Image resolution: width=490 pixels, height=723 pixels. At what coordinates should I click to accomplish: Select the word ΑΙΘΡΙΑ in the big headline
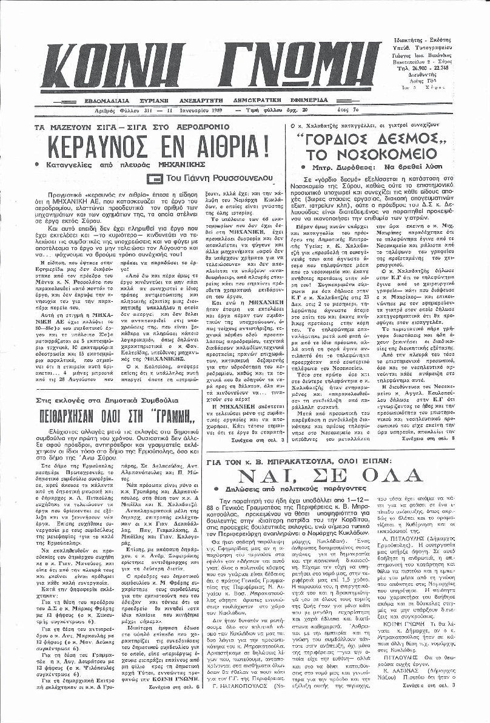pyautogui.click(x=228, y=147)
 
